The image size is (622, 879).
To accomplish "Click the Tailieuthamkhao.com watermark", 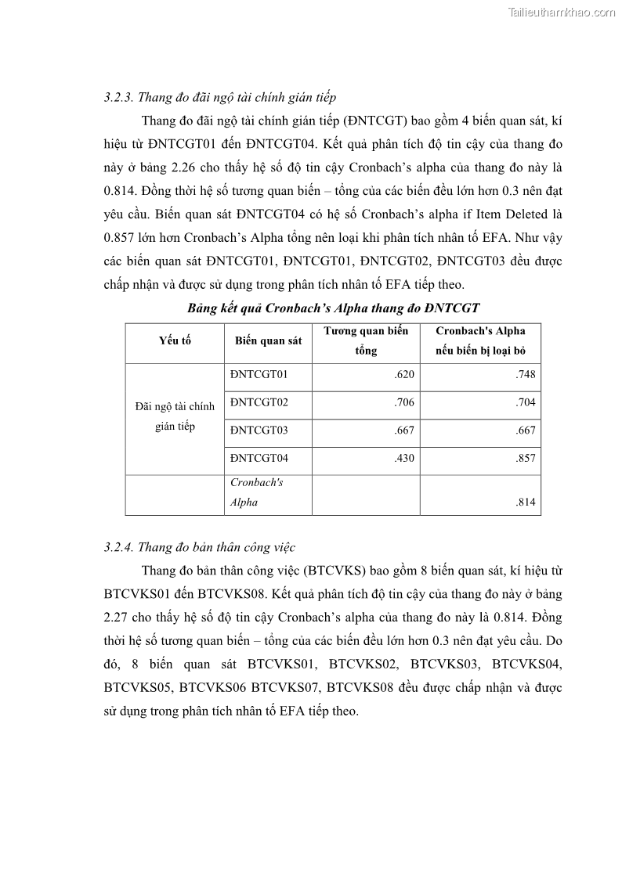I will click(x=562, y=12).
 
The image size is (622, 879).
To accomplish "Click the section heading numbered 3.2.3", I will click(x=219, y=98).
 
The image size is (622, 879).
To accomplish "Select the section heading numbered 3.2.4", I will click(x=199, y=547).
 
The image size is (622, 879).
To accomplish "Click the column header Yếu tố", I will click(x=175, y=340).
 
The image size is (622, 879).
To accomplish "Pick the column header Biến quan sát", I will click(x=268, y=340).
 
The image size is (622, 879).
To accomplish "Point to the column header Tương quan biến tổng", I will click(x=366, y=340).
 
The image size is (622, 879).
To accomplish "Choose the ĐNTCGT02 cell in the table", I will click(x=259, y=402).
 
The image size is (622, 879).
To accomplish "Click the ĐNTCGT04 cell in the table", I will click(x=259, y=457).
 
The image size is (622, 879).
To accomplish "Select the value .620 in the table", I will click(x=404, y=375).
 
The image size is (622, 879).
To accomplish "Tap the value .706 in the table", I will click(x=404, y=402).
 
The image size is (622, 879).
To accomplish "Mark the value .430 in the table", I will click(x=404, y=457).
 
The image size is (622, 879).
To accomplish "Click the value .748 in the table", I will click(x=526, y=375).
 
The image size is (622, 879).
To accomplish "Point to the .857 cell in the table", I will click(x=526, y=457).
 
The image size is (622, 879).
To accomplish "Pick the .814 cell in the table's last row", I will click(x=526, y=503).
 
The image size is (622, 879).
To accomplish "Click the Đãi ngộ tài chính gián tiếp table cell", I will click(x=175, y=416).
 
